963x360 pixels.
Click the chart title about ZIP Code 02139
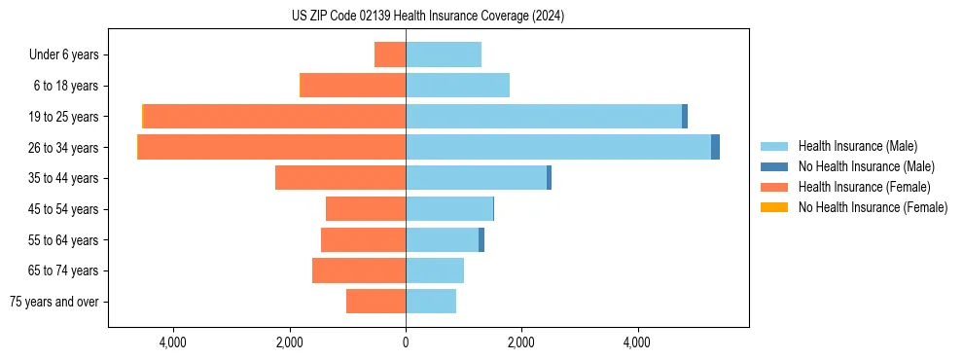click(427, 17)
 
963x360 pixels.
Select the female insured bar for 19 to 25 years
click(274, 117)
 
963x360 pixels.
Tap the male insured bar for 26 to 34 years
click(558, 147)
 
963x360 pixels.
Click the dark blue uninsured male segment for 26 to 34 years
click(715, 147)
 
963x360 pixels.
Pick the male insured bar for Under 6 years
click(444, 54)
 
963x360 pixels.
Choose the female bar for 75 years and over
click(375, 302)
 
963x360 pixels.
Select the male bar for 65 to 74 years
click(435, 270)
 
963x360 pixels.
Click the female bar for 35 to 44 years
click(340, 178)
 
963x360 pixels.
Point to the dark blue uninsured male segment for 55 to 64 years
click(481, 239)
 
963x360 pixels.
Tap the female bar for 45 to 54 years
click(366, 209)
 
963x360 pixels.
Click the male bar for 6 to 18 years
click(457, 86)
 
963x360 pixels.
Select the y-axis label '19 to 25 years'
click(65, 117)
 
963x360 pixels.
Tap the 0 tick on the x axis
click(406, 343)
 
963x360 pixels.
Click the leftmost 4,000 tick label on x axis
click(173, 343)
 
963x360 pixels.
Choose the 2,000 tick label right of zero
click(521, 343)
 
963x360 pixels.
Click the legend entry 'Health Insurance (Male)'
click(857, 147)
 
